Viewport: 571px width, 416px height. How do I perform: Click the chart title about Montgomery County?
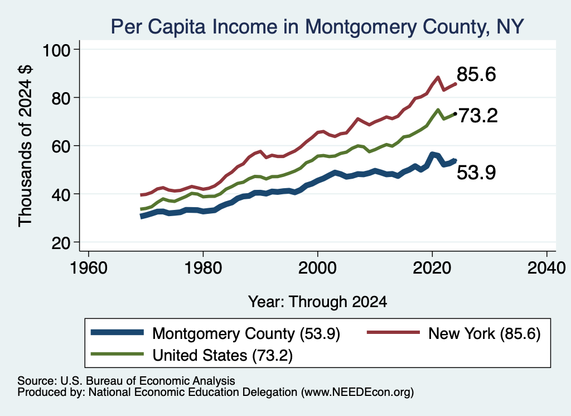point(317,27)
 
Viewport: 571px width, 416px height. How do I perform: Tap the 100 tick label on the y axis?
point(56,50)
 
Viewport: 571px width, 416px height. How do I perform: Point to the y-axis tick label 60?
point(61,146)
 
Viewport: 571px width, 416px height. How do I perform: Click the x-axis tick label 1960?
point(89,268)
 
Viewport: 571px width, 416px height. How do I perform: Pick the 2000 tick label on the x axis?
point(317,268)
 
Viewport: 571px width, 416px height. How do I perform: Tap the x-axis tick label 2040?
point(546,268)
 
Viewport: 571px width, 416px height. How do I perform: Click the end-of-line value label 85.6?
point(476,74)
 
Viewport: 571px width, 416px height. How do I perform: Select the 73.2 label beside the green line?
point(478,116)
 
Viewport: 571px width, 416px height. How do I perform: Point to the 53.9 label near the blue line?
point(476,173)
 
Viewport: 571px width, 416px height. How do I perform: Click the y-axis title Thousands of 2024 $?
point(26,146)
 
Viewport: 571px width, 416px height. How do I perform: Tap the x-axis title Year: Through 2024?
point(317,302)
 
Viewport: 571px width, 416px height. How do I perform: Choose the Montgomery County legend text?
point(246,333)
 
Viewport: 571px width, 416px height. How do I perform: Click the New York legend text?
point(485,333)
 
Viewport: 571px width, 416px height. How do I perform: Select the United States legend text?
point(222,355)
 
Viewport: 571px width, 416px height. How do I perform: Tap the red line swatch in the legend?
point(393,332)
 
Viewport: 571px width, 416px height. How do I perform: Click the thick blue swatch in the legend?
point(117,332)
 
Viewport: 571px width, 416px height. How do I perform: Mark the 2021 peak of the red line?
point(438,77)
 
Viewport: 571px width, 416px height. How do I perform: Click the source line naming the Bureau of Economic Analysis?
point(127,381)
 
